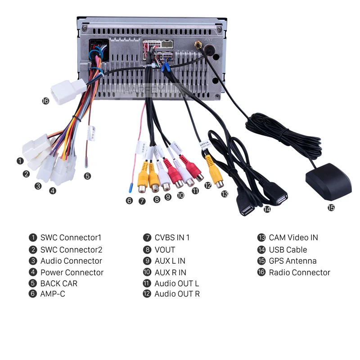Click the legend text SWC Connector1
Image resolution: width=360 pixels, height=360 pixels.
pyautogui.click(x=71, y=238)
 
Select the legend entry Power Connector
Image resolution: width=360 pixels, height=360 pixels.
pyautogui.click(x=72, y=272)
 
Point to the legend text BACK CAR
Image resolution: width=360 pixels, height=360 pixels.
pyautogui.click(x=59, y=283)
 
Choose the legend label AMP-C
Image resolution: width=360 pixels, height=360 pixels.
pyautogui.click(x=53, y=294)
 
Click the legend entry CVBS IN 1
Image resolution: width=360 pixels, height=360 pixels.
pyautogui.click(x=172, y=238)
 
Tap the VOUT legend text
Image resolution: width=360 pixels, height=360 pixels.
pyautogui.click(x=165, y=250)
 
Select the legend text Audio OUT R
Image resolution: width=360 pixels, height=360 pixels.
pyautogui.click(x=177, y=294)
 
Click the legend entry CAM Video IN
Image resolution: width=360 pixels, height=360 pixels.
pyautogui.click(x=293, y=238)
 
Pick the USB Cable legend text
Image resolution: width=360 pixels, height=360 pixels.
pyautogui.click(x=288, y=250)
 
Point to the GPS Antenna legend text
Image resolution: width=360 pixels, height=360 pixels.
pyautogui.click(x=292, y=261)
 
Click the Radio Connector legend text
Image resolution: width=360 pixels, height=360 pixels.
pyautogui.click(x=299, y=272)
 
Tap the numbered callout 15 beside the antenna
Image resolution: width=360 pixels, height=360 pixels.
pyautogui.click(x=331, y=207)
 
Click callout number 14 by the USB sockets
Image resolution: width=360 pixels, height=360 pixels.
pyautogui.click(x=267, y=209)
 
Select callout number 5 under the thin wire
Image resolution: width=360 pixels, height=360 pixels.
pyautogui.click(x=87, y=176)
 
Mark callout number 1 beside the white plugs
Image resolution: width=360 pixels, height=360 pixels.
pyautogui.click(x=20, y=161)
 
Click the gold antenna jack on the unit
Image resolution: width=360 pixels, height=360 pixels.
pyautogui.click(x=198, y=45)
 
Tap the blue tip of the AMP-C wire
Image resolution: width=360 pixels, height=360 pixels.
pyautogui.click(x=130, y=188)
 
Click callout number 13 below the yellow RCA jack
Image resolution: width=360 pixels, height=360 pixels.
pyautogui.click(x=225, y=194)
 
